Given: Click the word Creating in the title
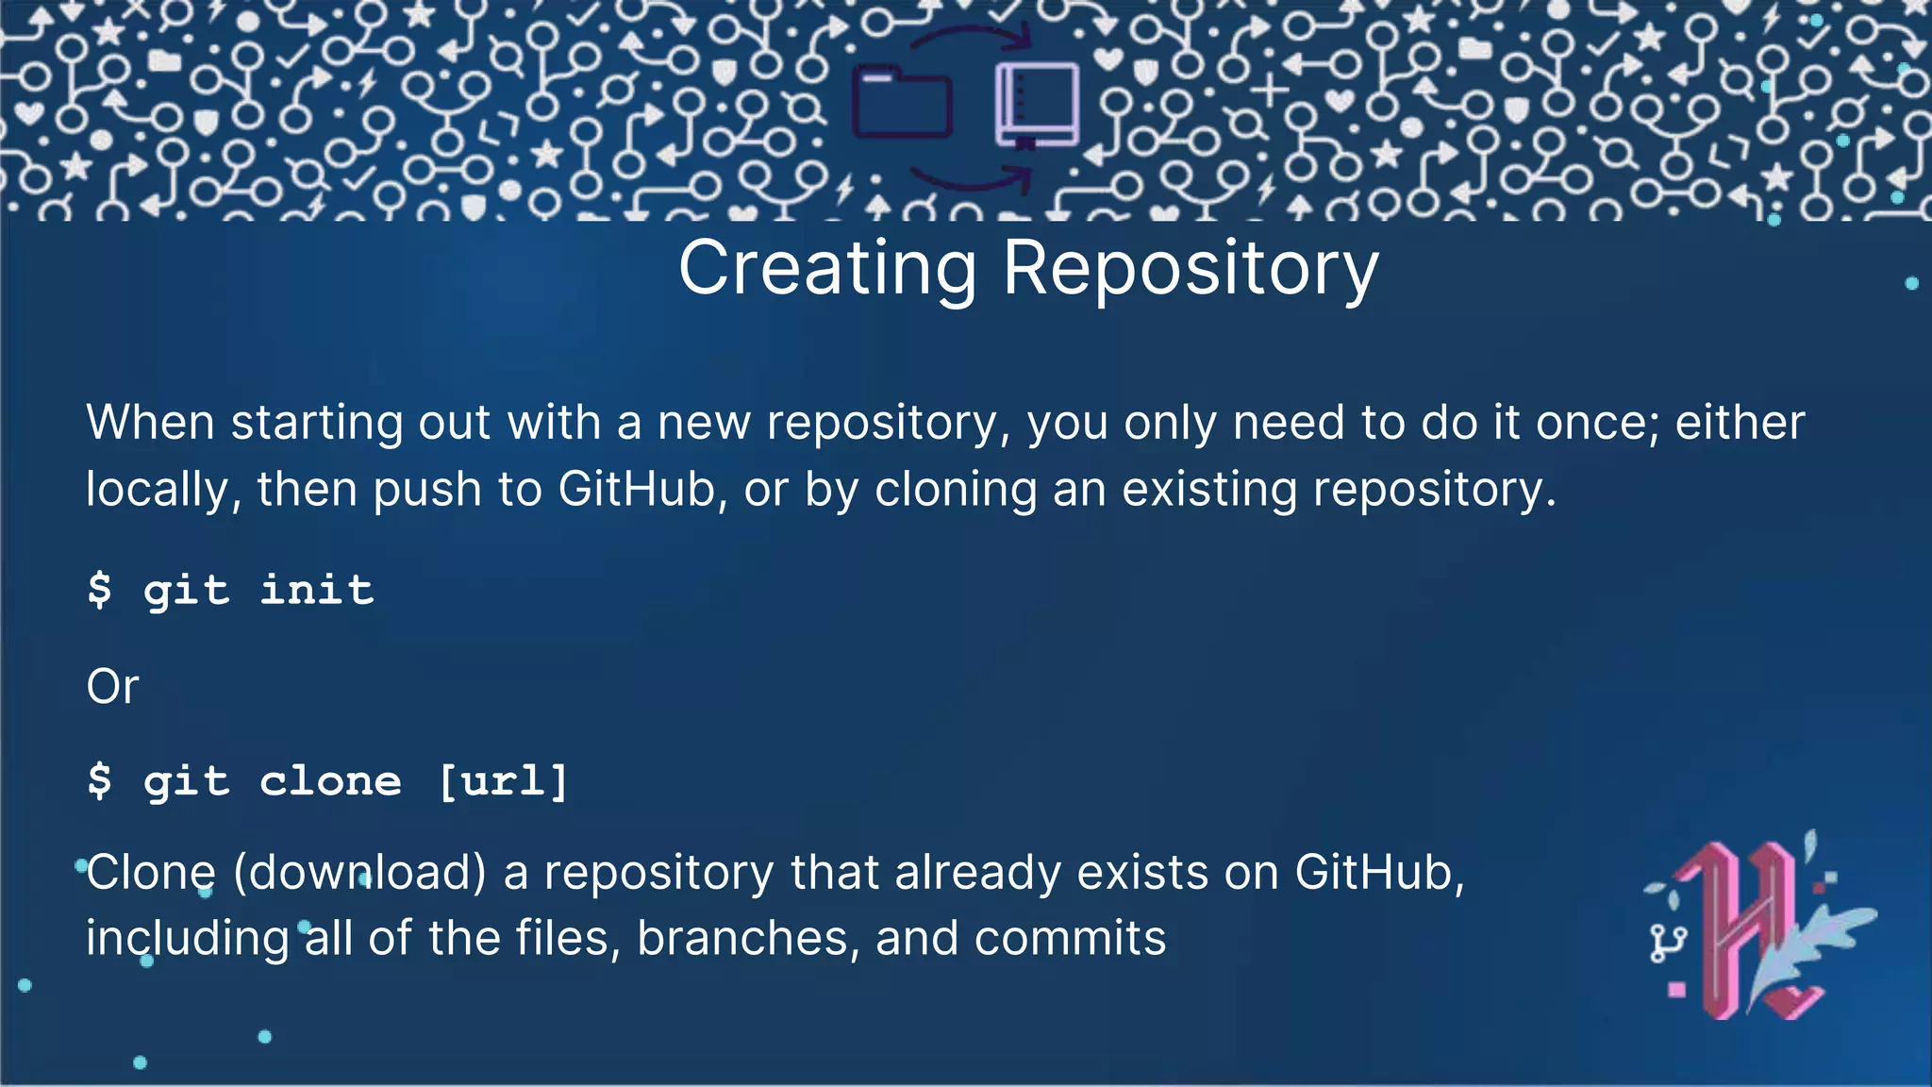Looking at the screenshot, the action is (827, 269).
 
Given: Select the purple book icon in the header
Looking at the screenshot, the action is (1037, 104).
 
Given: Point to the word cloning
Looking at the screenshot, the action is (956, 491).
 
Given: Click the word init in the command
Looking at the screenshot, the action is (317, 591).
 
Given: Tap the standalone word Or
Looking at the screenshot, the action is (112, 687).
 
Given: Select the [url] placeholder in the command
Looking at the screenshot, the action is (504, 781).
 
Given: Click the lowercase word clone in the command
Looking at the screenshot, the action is (330, 781).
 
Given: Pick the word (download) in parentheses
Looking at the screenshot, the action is (359, 872).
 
